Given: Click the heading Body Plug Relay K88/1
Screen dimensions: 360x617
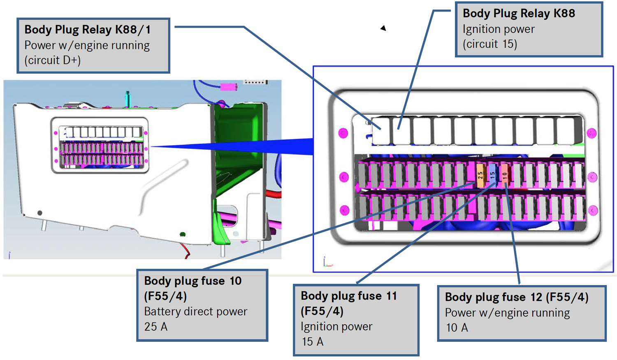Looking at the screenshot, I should click(87, 30).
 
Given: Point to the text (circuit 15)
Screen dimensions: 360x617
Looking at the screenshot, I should click(489, 44).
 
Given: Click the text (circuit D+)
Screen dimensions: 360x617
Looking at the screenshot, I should click(52, 60).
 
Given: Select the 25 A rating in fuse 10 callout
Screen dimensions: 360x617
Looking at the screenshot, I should click(155, 327).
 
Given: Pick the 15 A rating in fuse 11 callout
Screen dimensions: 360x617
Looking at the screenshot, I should click(312, 341).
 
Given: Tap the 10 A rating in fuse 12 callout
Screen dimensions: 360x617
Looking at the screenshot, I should click(457, 327).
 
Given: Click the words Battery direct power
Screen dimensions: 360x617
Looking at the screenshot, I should click(195, 311).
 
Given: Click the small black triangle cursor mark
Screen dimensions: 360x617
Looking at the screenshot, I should click(383, 28).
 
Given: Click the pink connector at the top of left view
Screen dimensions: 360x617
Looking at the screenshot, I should click(229, 87).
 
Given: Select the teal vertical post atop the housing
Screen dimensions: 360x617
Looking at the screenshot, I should click(128, 99).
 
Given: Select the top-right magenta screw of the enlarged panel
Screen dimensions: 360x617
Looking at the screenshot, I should click(591, 133).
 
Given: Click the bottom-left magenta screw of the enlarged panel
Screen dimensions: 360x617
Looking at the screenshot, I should click(344, 210).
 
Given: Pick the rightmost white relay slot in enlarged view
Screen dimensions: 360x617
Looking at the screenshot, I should click(566, 130).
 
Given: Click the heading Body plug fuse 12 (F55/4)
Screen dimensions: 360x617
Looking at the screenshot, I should click(516, 297).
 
